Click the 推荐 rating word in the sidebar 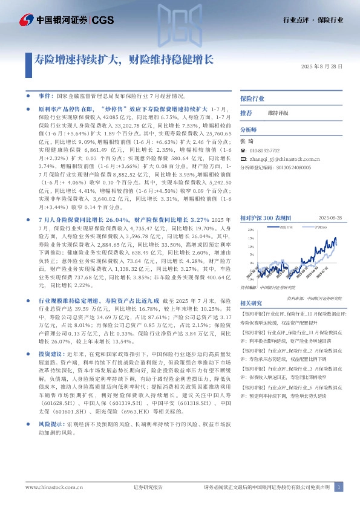click(x=246, y=113)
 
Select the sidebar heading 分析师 click(x=249, y=130)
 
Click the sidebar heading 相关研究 click(x=250, y=303)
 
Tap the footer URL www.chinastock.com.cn click(x=54, y=487)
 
